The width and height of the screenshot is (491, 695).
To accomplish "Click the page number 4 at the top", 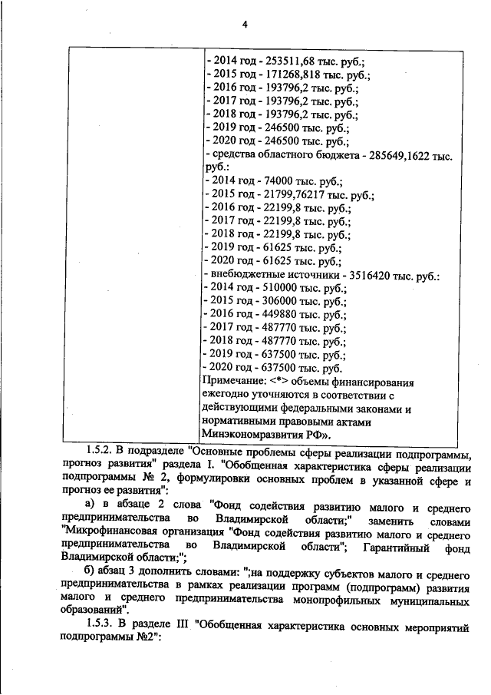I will click(245, 24).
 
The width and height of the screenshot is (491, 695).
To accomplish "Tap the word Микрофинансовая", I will click(106, 531).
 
